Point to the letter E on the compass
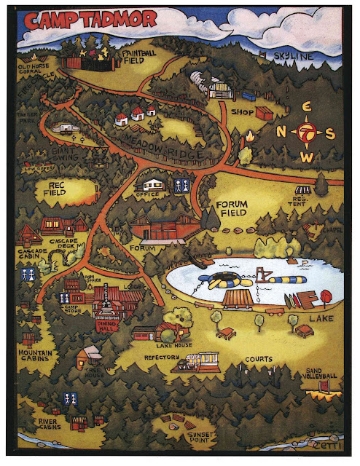click(307, 108)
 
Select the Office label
click(146, 195)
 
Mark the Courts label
click(259, 359)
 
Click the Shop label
click(242, 113)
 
